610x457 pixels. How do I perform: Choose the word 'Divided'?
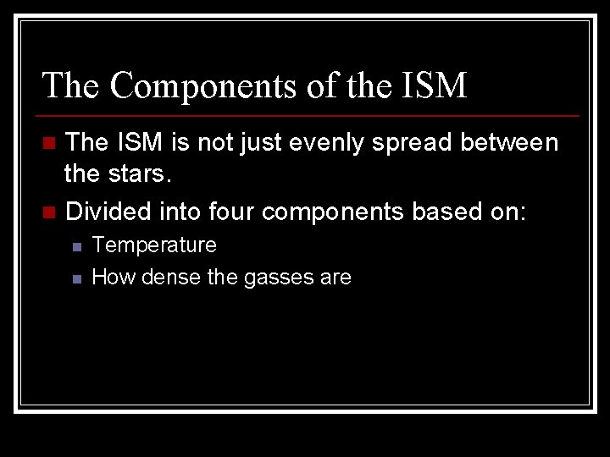coord(104,211)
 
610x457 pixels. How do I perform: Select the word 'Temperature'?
coord(154,245)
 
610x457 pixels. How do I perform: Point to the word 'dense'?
coord(171,277)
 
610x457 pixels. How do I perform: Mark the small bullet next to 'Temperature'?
coord(75,246)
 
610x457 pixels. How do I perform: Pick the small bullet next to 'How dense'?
coord(75,278)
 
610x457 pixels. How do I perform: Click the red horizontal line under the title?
coord(308,115)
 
